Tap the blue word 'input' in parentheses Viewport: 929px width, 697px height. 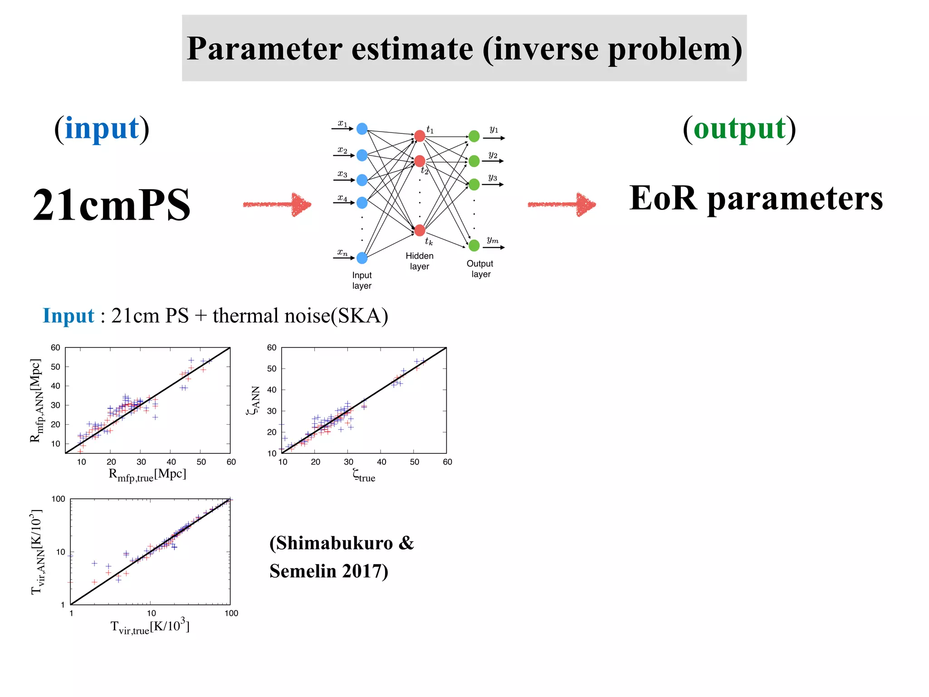click(102, 129)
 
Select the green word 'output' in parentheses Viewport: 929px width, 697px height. click(739, 129)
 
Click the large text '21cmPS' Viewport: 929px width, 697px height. click(112, 205)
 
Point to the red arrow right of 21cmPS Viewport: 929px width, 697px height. click(278, 204)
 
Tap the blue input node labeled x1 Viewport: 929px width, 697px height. click(362, 129)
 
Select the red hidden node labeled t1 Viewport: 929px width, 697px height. click(420, 136)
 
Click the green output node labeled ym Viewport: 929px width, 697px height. click(474, 245)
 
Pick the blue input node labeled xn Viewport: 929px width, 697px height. click(362, 258)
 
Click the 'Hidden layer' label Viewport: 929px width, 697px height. click(420, 261)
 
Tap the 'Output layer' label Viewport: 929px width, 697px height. click(480, 269)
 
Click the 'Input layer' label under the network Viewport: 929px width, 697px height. click(362, 280)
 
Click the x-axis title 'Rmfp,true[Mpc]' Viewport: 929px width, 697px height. click(147, 475)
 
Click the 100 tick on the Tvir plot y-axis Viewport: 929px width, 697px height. click(59, 499)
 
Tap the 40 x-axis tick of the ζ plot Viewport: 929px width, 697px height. click(381, 462)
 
